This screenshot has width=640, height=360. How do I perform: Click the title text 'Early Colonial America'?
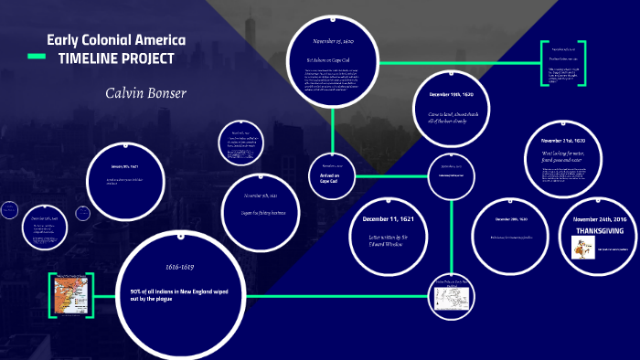coord(116,40)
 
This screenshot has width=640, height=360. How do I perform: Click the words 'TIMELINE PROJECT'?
coord(116,58)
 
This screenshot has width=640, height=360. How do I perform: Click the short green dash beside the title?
coord(37,57)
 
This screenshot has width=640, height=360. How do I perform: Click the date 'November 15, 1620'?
coord(333,41)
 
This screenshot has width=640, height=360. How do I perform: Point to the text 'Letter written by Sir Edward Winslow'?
coord(394,239)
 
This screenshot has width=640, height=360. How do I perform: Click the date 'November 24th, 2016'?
coord(600,220)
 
